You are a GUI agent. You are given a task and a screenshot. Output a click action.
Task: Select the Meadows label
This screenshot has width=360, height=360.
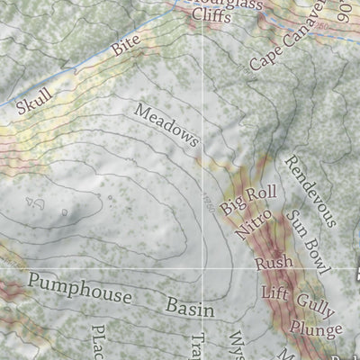166,125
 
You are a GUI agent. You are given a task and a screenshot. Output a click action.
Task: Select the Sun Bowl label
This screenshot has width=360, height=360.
309,240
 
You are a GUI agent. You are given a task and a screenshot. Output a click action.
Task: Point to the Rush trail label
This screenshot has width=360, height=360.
270,263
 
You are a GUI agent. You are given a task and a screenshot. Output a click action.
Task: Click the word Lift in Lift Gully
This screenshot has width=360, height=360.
274,292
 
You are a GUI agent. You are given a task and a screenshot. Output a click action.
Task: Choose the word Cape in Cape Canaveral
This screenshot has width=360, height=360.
266,58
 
